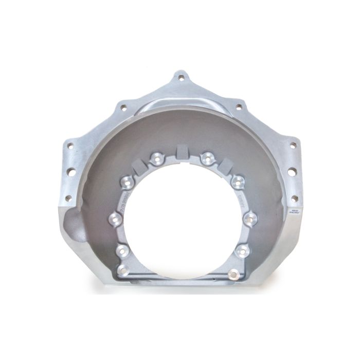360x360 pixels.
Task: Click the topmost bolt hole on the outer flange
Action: [179, 78]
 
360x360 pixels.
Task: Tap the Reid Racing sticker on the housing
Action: [293, 212]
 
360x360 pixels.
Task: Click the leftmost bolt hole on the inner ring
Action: [113, 220]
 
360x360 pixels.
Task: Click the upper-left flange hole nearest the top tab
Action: [123, 107]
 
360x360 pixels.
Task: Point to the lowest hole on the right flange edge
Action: [294, 197]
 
